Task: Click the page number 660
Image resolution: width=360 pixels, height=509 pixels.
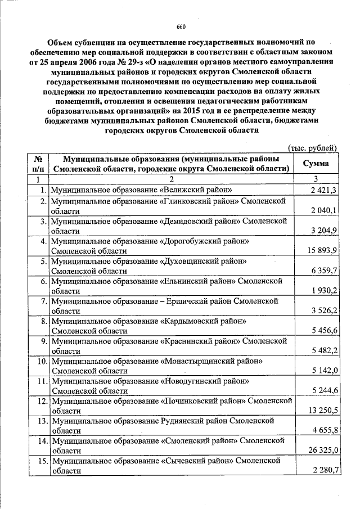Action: pyautogui.click(x=181, y=26)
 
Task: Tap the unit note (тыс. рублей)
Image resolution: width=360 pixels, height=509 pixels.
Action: pyautogui.click(x=312, y=148)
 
